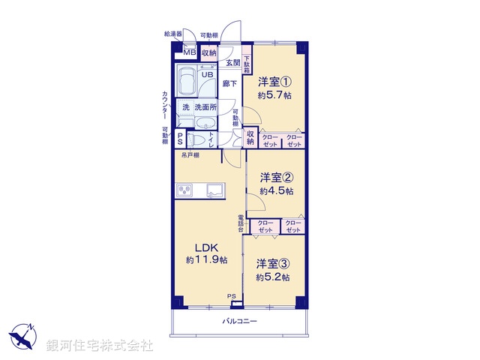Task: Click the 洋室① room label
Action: (x=275, y=82)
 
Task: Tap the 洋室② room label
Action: (x=276, y=178)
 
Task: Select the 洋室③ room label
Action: (x=273, y=263)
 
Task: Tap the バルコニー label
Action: (x=240, y=321)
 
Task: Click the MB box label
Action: (x=190, y=52)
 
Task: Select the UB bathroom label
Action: (x=207, y=74)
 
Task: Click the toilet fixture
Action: (x=198, y=139)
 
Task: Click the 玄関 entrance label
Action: (x=234, y=63)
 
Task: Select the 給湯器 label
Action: (x=173, y=34)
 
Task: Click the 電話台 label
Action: (x=241, y=223)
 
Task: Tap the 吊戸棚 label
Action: (x=189, y=155)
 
